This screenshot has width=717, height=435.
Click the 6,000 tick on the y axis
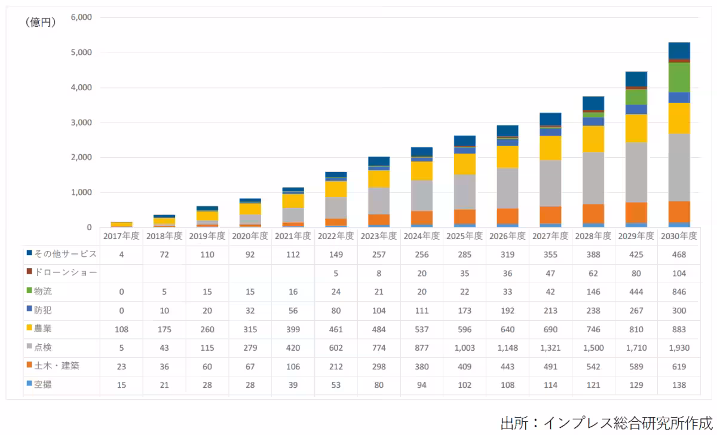click(80, 17)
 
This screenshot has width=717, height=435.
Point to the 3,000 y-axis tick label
click(80, 122)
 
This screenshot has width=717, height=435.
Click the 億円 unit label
click(41, 23)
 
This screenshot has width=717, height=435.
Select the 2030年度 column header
click(678, 236)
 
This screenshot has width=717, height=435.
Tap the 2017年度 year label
click(121, 236)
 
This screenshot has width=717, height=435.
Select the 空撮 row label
click(42, 384)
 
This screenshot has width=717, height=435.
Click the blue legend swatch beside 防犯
click(29, 310)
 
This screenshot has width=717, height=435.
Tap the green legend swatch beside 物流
click(29, 291)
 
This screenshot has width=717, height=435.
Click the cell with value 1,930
click(678, 347)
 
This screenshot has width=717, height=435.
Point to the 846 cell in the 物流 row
click(678, 292)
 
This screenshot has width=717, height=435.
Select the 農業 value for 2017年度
click(121, 329)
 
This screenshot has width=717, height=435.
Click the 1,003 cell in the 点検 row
click(464, 347)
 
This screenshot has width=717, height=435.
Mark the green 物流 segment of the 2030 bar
click(679, 78)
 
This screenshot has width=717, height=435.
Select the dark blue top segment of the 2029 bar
click(636, 79)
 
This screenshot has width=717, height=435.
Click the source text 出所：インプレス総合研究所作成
click(606, 422)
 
